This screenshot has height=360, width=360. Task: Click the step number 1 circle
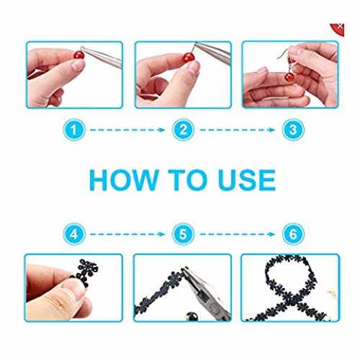[74, 130]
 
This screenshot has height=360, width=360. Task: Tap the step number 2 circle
[183, 130]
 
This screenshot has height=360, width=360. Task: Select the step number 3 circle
[293, 130]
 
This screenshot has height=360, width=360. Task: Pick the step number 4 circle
[74, 234]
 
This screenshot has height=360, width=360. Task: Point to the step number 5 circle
[183, 234]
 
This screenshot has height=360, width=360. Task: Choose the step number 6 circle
[293, 234]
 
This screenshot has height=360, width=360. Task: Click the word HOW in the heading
[124, 180]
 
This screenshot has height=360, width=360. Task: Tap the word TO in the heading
[187, 180]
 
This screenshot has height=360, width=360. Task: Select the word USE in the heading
[247, 180]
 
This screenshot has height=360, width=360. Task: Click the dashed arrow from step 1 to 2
[127, 130]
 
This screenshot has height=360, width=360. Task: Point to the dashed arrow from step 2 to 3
[238, 130]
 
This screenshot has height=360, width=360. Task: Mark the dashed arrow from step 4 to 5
[127, 234]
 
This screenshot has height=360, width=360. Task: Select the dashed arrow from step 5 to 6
[238, 234]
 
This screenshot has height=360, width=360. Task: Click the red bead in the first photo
[79, 55]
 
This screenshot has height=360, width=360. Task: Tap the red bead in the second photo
[188, 58]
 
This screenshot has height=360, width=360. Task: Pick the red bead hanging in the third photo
[289, 77]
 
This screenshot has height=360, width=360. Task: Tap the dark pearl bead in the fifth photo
[192, 316]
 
